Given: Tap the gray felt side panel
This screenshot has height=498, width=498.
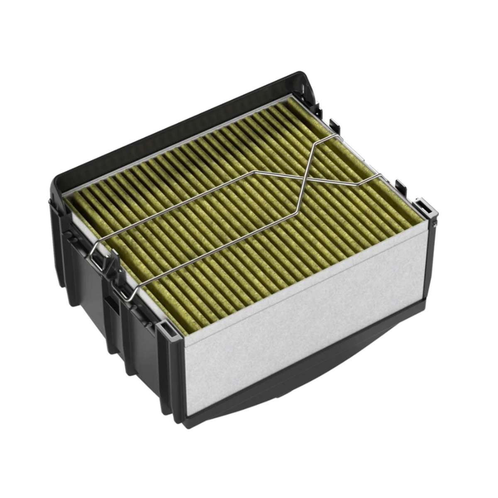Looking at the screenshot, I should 307,328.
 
